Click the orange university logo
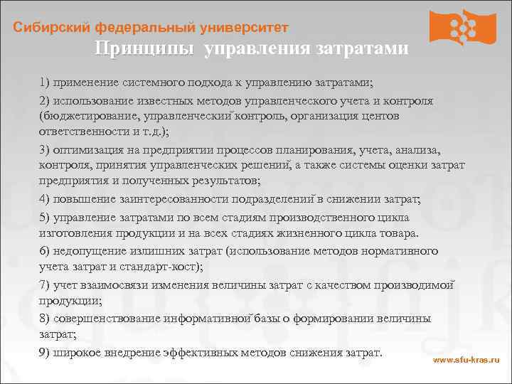coord(462,28)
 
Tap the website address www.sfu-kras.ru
coord(466,361)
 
